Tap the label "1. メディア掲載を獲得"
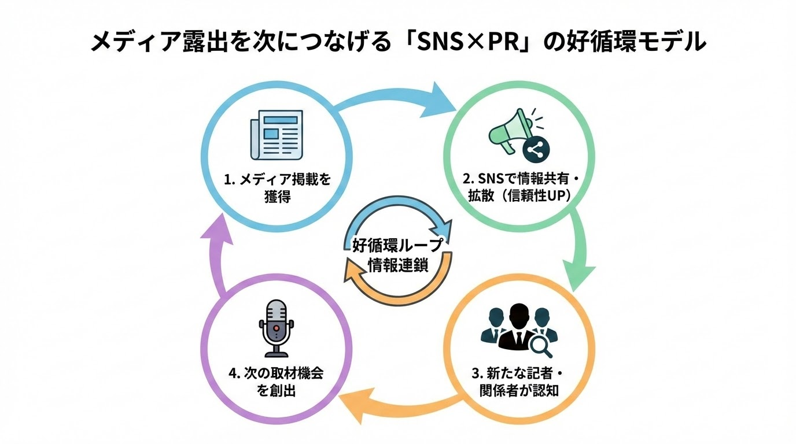click(277, 188)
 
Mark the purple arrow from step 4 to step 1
click(217, 254)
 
